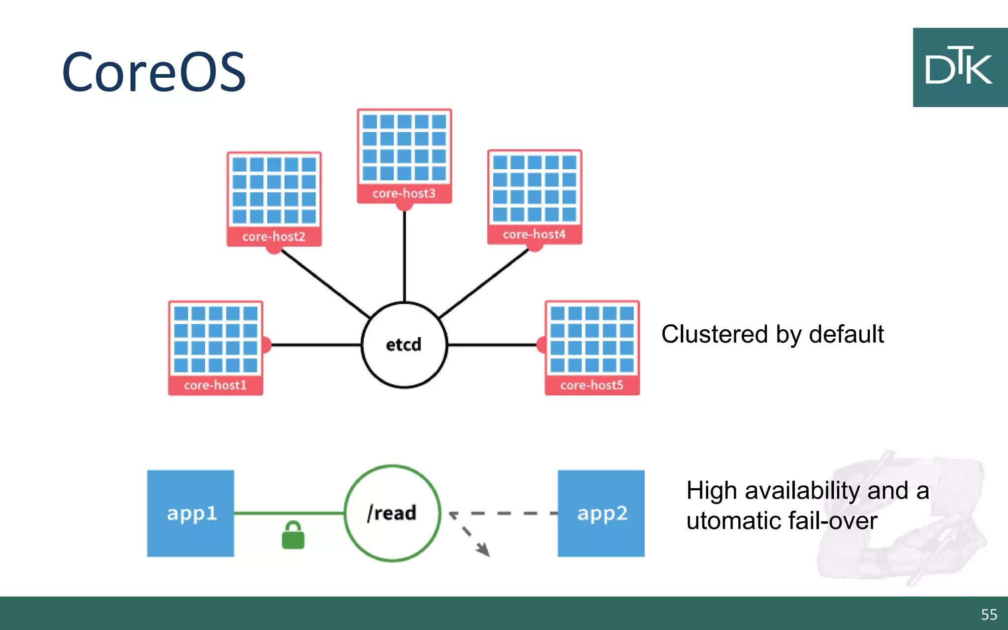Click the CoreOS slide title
(x=154, y=72)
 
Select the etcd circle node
(x=404, y=345)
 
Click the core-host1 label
(x=215, y=385)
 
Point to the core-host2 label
(x=274, y=236)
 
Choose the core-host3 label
(x=404, y=193)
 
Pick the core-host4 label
(x=534, y=234)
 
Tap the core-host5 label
(x=592, y=385)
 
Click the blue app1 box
(x=190, y=513)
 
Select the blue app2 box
(x=601, y=513)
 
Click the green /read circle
(x=392, y=513)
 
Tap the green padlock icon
(x=293, y=535)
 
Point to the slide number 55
(x=989, y=614)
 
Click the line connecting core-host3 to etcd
(x=404, y=256)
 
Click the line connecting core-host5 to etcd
(x=492, y=345)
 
